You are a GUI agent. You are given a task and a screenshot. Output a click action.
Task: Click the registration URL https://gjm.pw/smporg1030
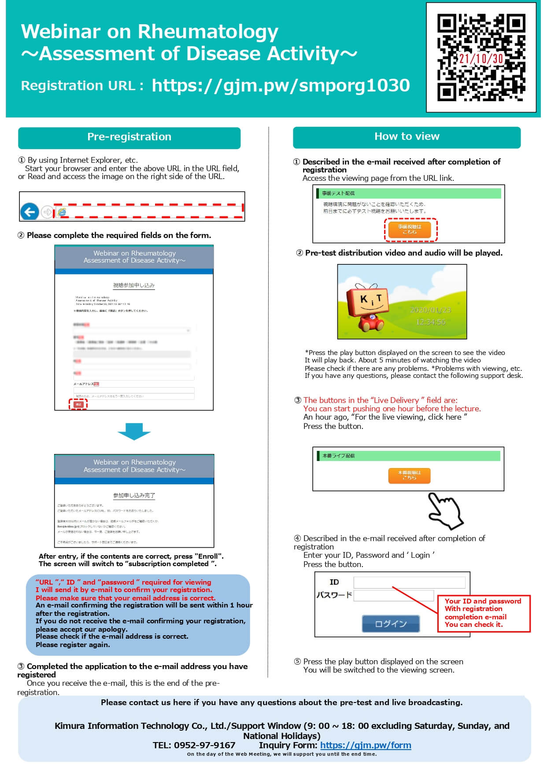point(281,85)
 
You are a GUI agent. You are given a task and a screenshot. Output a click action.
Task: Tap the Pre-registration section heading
point(129,137)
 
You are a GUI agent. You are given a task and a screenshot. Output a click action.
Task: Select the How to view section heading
point(407,137)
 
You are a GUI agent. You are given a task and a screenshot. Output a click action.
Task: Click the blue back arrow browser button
point(30,212)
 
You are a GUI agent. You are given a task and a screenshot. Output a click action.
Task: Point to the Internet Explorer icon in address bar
point(62,212)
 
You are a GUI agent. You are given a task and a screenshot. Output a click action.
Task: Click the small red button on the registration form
point(78,404)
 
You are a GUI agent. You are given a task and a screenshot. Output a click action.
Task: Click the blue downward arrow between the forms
point(134,431)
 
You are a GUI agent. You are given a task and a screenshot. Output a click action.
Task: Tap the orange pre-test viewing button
point(410,229)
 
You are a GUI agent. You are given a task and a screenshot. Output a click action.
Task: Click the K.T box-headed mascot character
point(367,307)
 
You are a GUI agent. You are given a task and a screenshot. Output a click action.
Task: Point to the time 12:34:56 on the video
point(430,322)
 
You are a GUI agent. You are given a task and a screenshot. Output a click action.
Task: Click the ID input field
point(409,582)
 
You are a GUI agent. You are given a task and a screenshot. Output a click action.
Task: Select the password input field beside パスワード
point(393,596)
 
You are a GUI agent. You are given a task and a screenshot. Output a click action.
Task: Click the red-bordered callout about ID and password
point(483,613)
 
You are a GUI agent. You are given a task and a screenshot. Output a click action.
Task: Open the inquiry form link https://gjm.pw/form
point(366,745)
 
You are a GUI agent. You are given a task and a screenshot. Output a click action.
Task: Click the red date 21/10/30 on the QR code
point(481,59)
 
